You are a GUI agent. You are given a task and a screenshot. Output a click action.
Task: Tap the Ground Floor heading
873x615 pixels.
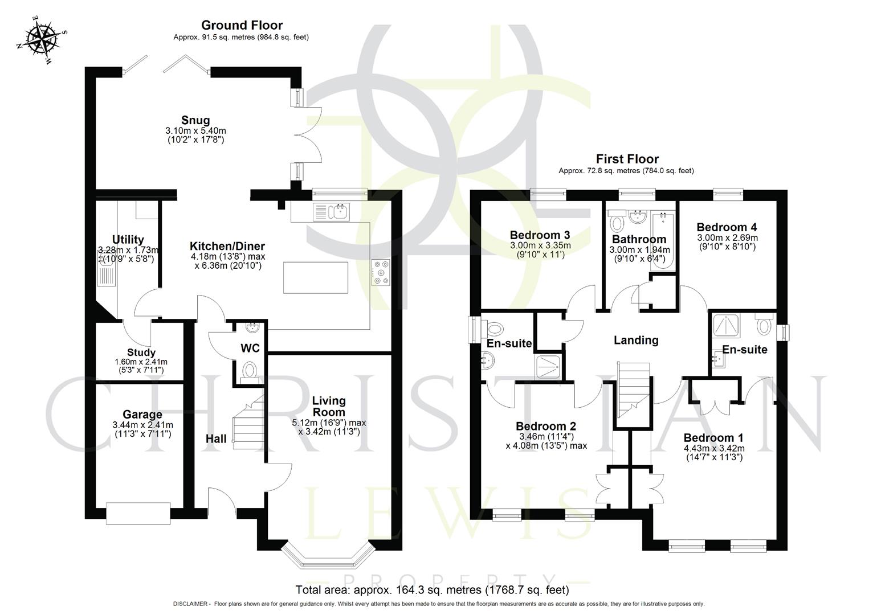[242, 25]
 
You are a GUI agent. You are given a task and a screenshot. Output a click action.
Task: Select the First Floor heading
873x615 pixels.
[627, 159]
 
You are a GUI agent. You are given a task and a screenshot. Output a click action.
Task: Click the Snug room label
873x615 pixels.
[195, 120]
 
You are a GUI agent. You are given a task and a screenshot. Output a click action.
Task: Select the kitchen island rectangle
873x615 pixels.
[316, 277]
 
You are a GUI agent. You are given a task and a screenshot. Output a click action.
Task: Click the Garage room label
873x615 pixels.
[142, 415]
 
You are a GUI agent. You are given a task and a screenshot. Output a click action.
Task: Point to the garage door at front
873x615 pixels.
[138, 512]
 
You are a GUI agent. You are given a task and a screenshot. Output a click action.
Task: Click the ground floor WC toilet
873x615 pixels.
[250, 371]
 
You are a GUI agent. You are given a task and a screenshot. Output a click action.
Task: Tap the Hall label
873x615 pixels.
[216, 438]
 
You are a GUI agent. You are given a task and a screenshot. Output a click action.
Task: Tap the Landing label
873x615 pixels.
[635, 340]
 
